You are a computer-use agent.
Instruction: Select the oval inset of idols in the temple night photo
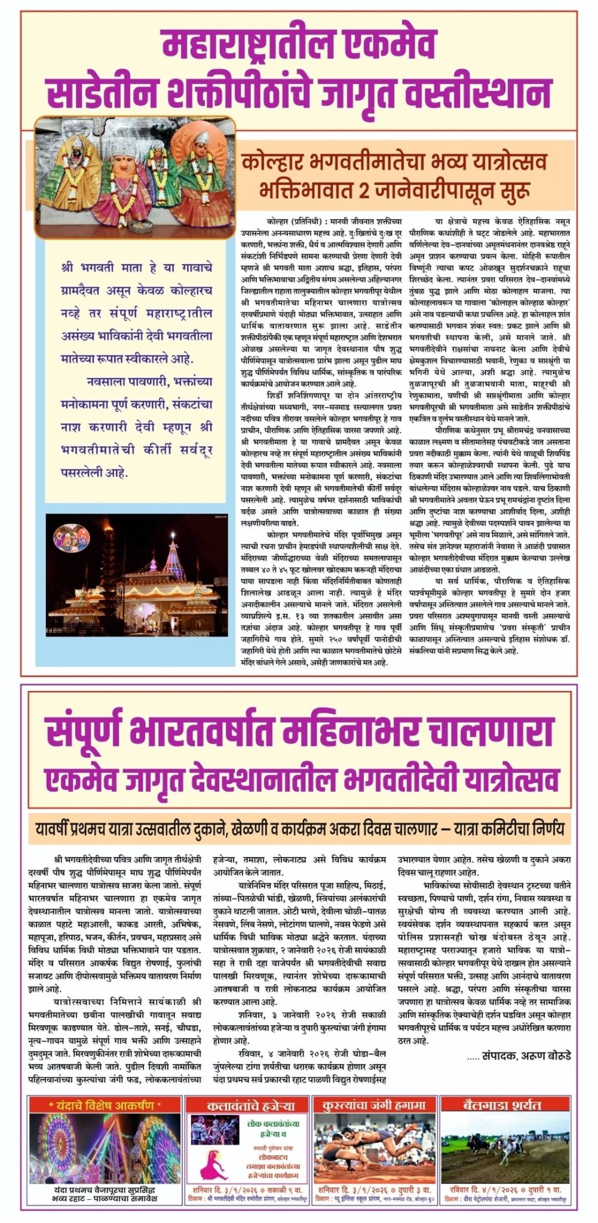(72, 538)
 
